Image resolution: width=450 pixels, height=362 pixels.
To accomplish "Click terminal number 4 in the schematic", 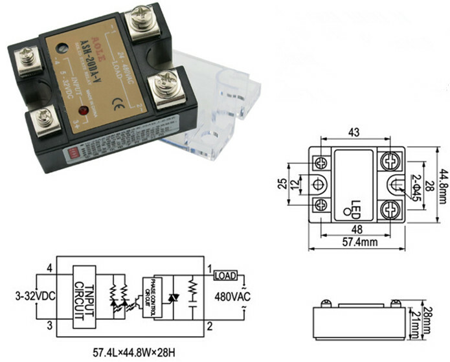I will click(x=49, y=267).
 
